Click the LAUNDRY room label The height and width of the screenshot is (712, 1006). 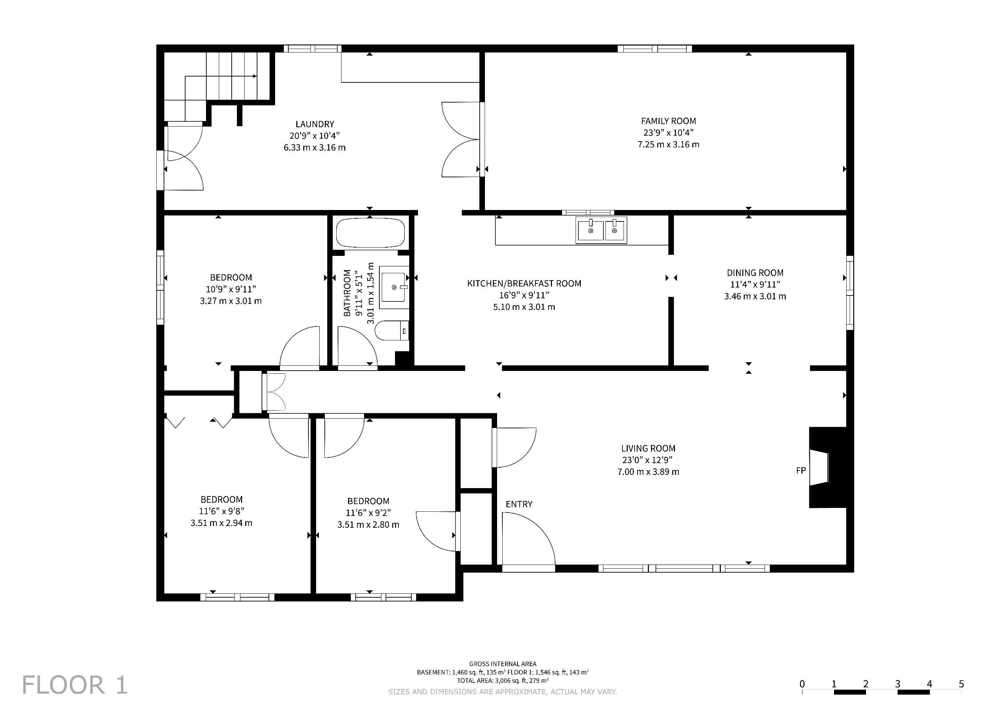click(315, 124)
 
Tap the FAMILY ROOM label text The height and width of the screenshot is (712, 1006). click(668, 121)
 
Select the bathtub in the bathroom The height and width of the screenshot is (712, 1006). click(370, 233)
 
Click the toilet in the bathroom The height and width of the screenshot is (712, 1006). click(393, 331)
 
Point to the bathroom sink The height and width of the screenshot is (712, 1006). click(394, 287)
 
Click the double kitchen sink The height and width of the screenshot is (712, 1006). click(602, 230)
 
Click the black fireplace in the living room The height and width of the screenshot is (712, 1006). click(827, 467)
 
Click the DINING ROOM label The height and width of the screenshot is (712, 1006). click(755, 273)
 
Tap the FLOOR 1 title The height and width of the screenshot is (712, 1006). click(74, 685)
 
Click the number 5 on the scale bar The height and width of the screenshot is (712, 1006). click(961, 684)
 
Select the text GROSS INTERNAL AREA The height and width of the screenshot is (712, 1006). click(503, 664)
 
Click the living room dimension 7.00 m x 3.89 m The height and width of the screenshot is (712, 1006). click(648, 472)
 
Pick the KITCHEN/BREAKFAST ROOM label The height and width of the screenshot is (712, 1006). click(524, 284)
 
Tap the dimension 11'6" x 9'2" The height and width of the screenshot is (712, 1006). click(368, 512)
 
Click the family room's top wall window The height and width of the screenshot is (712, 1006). click(655, 48)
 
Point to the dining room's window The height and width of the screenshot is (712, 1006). click(850, 292)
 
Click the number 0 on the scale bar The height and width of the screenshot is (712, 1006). click(802, 684)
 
